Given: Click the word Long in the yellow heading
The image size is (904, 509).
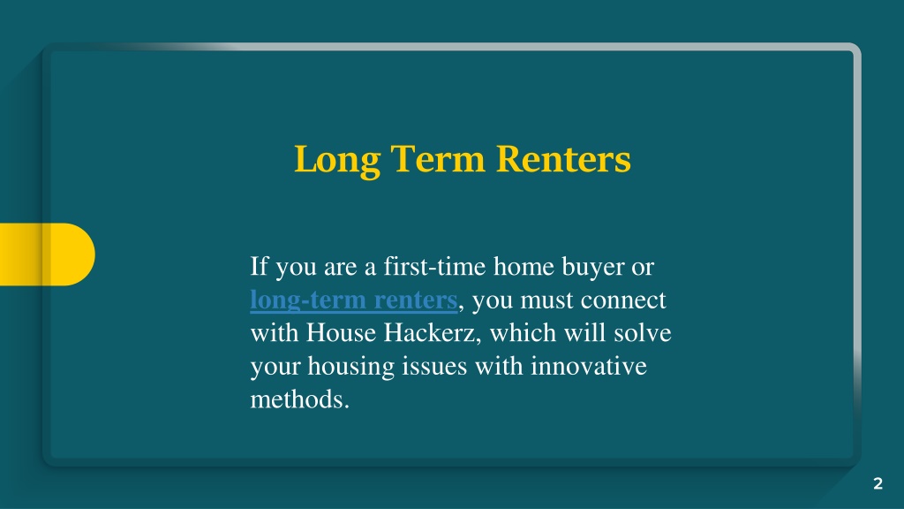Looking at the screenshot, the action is point(337,160).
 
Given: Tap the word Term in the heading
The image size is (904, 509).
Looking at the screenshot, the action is point(438,158).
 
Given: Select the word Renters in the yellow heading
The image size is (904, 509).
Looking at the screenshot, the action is point(563,158).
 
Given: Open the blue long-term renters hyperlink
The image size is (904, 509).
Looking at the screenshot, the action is point(353,300).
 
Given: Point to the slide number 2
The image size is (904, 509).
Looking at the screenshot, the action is point(878,483).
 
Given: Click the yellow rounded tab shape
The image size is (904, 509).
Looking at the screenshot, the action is point(48,254).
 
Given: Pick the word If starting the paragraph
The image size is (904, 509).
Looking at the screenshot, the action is point(259,267).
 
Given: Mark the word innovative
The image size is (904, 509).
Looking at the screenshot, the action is point(589,367).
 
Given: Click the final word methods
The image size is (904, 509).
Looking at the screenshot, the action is point(300,399).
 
